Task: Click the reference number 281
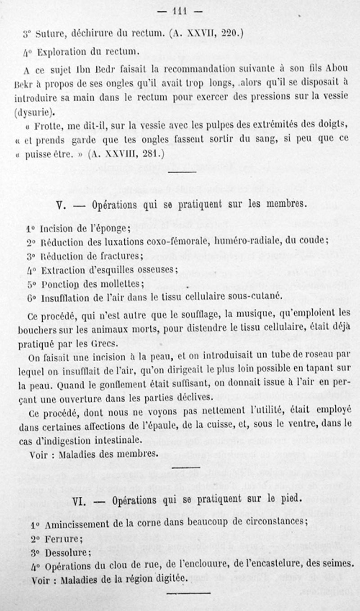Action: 153,153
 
